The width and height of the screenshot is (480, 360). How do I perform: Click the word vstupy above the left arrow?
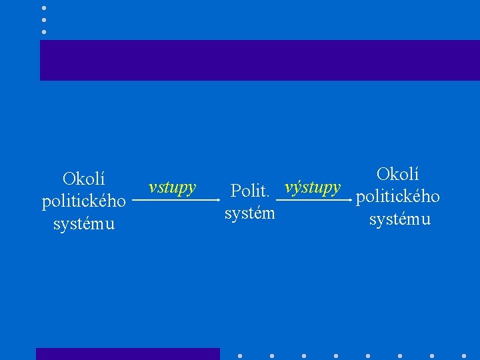(x=172, y=187)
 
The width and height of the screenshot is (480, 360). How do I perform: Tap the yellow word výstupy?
(x=313, y=187)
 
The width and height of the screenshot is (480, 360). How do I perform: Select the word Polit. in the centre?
(x=249, y=191)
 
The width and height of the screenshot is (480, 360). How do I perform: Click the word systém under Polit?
(x=250, y=213)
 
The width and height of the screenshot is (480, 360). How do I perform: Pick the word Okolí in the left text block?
(x=84, y=179)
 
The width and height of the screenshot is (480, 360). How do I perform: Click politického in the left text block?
(x=84, y=201)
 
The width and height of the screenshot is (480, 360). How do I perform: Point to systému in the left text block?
(x=84, y=223)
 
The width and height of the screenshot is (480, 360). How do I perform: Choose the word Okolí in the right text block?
(x=398, y=175)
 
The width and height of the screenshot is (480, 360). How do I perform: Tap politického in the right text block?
(x=398, y=197)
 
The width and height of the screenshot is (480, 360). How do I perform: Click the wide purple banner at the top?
(x=259, y=60)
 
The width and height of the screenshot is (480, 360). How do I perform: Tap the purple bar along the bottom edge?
(x=127, y=354)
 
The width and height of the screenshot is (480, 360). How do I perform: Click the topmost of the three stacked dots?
(x=44, y=8)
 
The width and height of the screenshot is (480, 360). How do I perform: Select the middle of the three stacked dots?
(x=44, y=20)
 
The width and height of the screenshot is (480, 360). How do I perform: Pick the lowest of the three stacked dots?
(x=44, y=32)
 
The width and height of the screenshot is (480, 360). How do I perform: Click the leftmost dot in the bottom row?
(x=240, y=355)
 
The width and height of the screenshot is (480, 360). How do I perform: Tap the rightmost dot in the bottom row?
(x=463, y=355)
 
